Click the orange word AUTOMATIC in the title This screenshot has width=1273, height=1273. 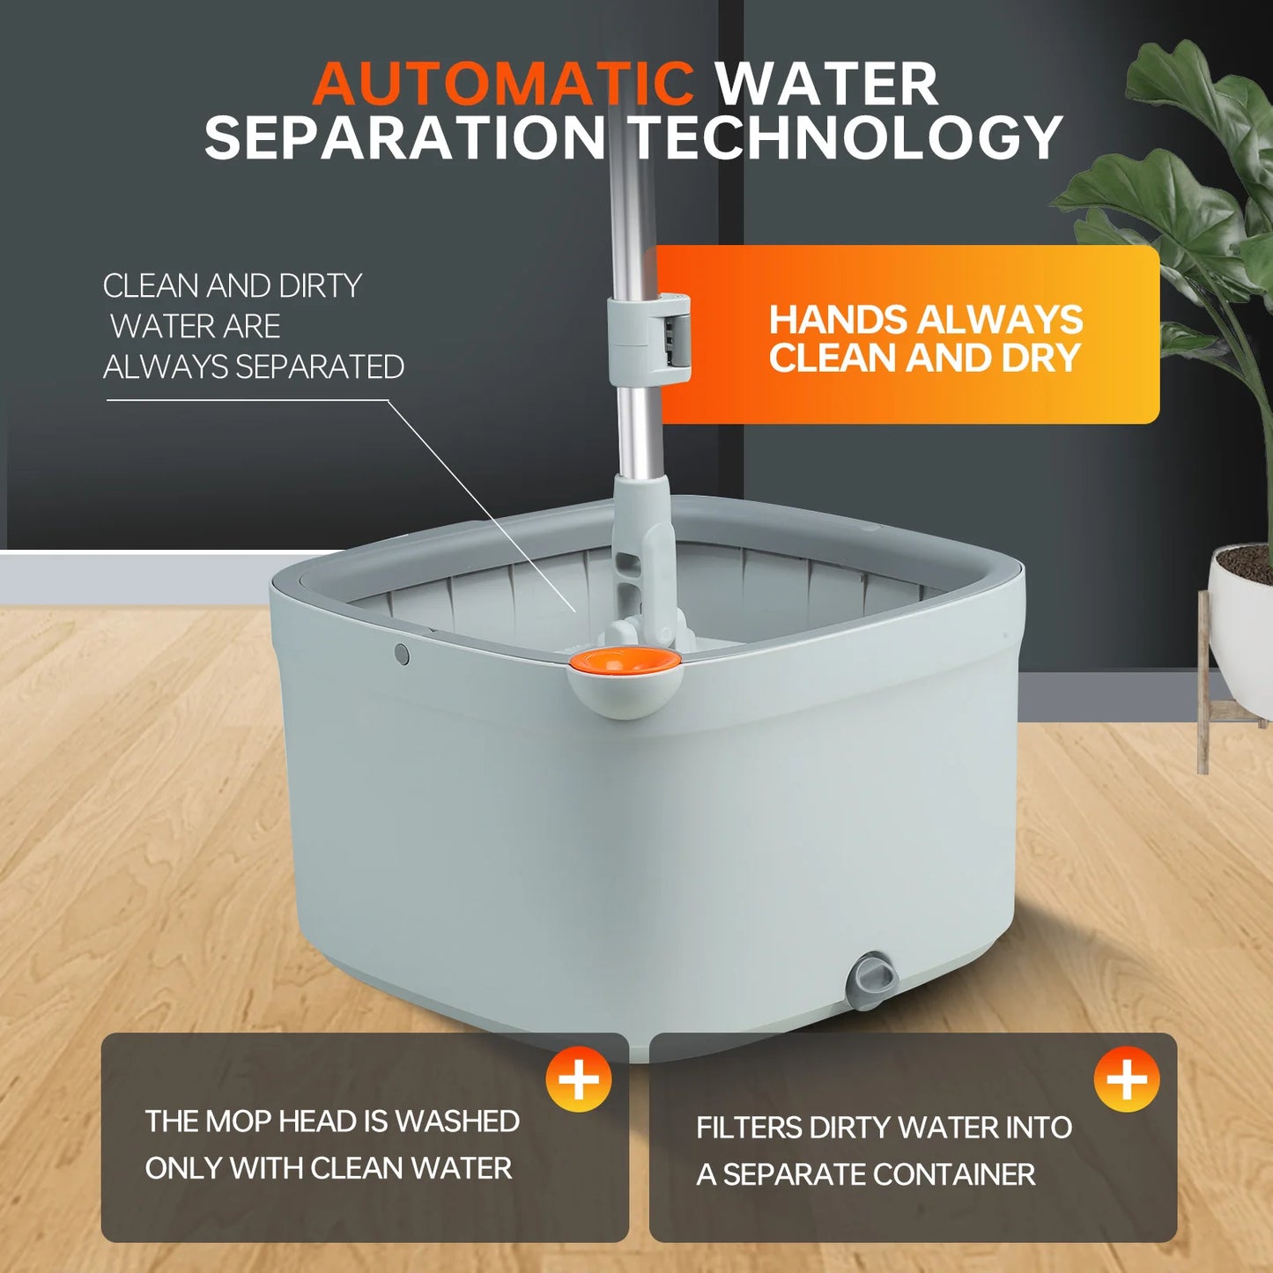(x=503, y=84)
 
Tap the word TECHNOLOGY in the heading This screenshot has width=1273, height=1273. (x=847, y=138)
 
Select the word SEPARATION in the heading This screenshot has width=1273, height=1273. (x=404, y=137)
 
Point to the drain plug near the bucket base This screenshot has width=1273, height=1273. (x=871, y=981)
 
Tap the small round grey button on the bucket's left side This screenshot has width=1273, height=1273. (x=402, y=655)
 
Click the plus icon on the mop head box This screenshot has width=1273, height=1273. (x=579, y=1079)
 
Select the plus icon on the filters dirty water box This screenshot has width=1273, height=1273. (x=1127, y=1079)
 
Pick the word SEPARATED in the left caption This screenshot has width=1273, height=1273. (x=320, y=367)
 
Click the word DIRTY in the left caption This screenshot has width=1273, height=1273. (x=320, y=286)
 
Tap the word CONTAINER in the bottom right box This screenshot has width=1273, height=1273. (x=954, y=1174)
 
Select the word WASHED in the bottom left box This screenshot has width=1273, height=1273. (x=457, y=1121)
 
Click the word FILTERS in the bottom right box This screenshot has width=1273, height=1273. (x=749, y=1127)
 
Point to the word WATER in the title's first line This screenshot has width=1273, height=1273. (x=826, y=84)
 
